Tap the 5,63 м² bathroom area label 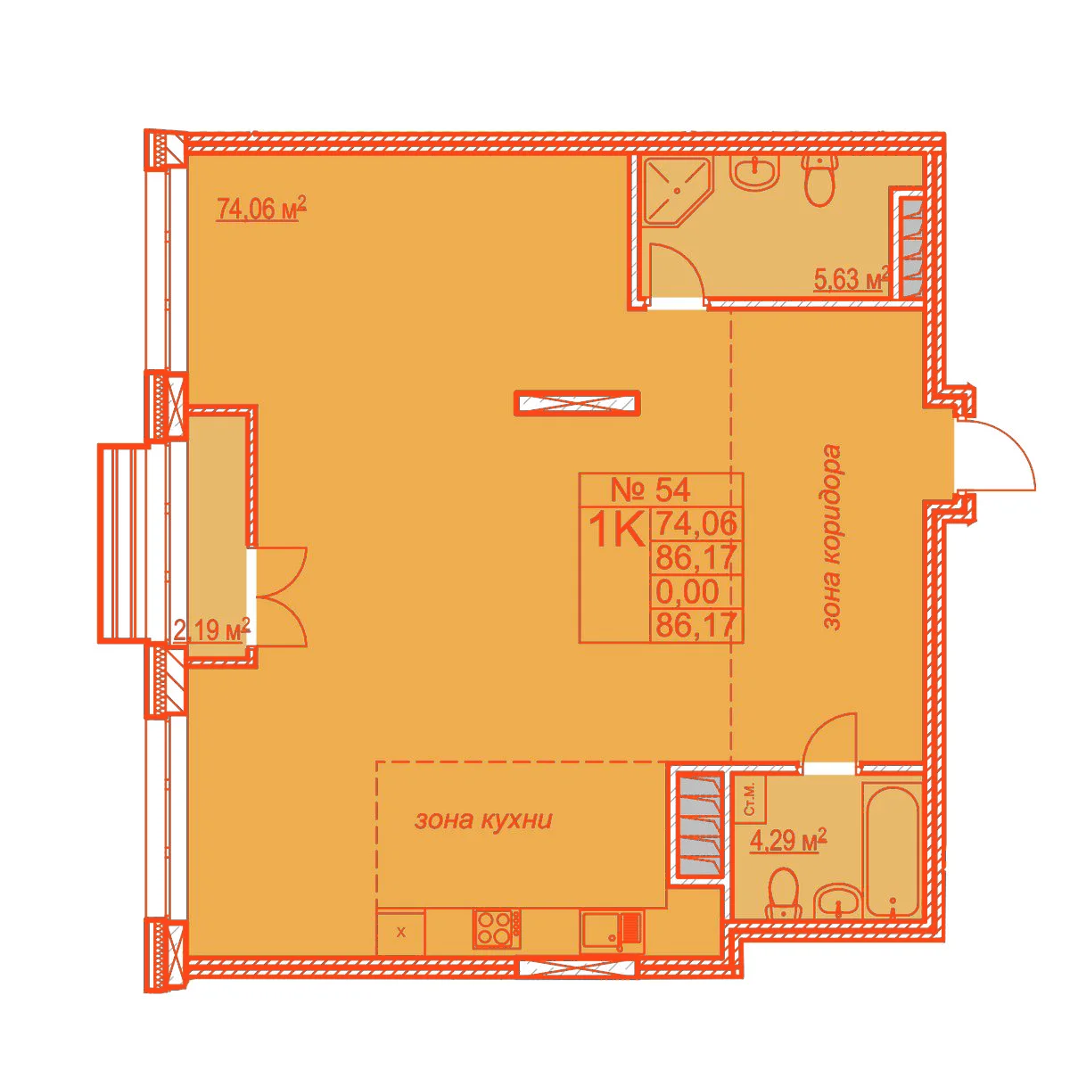pyautogui.click(x=850, y=278)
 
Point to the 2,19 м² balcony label pyautogui.click(x=211, y=630)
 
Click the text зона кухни pyautogui.click(x=483, y=820)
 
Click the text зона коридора pyautogui.click(x=832, y=537)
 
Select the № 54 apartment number pyautogui.click(x=650, y=490)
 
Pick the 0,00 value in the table pyautogui.click(x=687, y=591)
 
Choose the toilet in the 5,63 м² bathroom pyautogui.click(x=820, y=179)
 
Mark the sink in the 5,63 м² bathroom pyautogui.click(x=756, y=172)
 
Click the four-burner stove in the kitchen pyautogui.click(x=497, y=928)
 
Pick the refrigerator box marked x pyautogui.click(x=401, y=933)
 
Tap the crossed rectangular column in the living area pyautogui.click(x=578, y=402)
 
